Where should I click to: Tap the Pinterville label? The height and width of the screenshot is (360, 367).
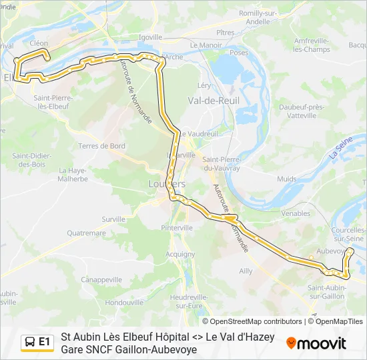pyautogui.click(x=177, y=227)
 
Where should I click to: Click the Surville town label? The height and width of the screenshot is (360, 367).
pyautogui.click(x=113, y=219)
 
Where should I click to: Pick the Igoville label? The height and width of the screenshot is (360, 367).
pyautogui.click(x=151, y=37)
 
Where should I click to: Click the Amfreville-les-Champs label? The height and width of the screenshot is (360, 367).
pyautogui.click(x=312, y=45)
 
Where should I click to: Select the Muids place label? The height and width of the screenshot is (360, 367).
pyautogui.click(x=286, y=179)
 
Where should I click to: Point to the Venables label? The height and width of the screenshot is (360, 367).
pyautogui.click(x=296, y=213)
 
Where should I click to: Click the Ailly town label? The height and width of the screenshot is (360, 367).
pyautogui.click(x=246, y=271)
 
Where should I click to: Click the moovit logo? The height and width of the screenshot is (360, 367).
pyautogui.click(x=316, y=343)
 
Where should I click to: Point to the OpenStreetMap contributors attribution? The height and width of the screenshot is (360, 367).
pyautogui.click(x=256, y=321)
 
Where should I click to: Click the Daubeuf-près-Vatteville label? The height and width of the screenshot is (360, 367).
pyautogui.click(x=302, y=111)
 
